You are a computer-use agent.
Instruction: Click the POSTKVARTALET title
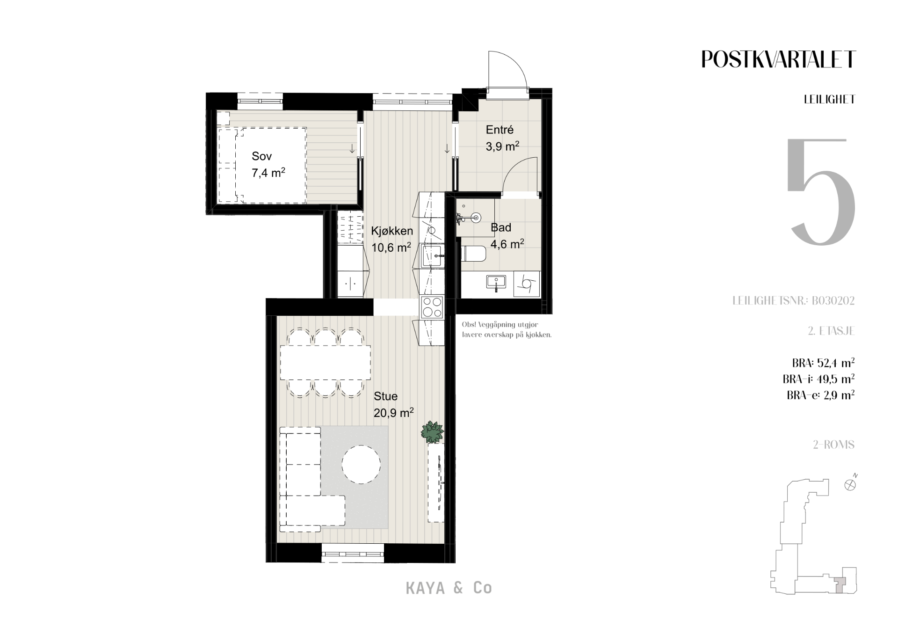point(778,59)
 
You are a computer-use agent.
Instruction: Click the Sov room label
point(261,156)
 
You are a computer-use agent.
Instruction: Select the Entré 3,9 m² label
point(502,138)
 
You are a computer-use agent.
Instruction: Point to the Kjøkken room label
point(392,231)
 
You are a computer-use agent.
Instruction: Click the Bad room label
point(501,228)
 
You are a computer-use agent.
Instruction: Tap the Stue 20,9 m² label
point(393,404)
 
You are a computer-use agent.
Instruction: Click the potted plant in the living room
point(432,432)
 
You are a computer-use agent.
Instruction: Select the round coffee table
point(361,465)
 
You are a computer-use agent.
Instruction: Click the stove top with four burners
point(432,308)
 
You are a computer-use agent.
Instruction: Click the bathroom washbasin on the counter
point(496,283)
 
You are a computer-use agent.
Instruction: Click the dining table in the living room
point(326,363)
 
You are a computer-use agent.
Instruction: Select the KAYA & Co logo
point(449,588)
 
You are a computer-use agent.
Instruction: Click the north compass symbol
point(851,484)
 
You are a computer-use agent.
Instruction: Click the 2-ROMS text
point(833,445)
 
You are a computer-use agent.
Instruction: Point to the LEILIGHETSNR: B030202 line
point(793,300)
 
